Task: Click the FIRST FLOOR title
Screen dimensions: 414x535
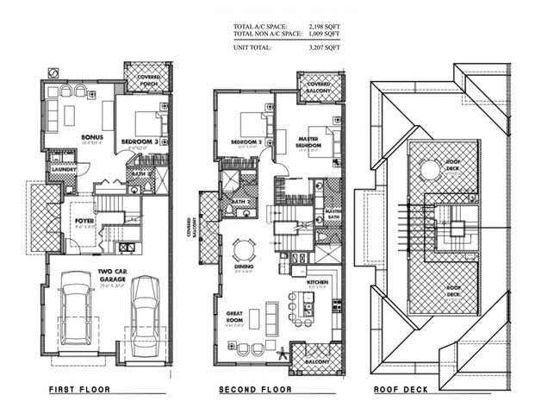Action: [79, 390]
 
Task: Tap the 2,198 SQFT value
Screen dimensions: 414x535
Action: [324, 27]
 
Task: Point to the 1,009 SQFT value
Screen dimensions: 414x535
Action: [324, 35]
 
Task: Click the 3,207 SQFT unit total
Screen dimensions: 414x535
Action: [324, 47]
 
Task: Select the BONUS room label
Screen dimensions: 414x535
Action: [92, 137]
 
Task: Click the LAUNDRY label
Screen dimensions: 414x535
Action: [63, 169]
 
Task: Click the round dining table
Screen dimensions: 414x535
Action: [244, 250]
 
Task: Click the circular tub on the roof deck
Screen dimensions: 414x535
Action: [429, 169]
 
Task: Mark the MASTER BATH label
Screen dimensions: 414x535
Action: [333, 213]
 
